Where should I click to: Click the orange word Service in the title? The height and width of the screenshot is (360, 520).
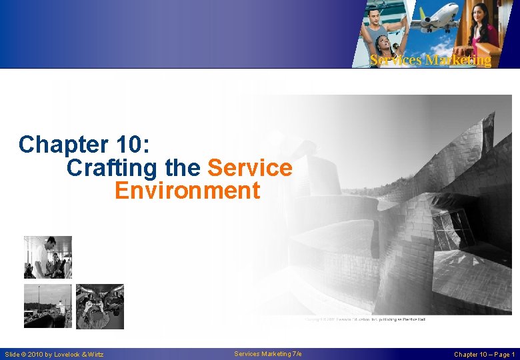tap(250, 168)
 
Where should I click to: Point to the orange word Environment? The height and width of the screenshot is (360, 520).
tap(187, 191)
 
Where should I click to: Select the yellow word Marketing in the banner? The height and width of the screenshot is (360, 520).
tap(460, 61)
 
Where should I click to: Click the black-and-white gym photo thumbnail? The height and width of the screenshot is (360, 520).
tap(47, 257)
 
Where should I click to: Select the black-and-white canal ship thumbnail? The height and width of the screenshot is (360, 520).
tap(47, 306)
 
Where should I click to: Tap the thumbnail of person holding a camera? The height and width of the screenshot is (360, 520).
tap(99, 306)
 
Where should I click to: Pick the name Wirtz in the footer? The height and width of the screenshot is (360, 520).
tap(96, 354)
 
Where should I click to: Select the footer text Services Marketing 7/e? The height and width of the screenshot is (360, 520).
tap(268, 353)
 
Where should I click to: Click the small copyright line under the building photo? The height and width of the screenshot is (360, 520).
tap(365, 320)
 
